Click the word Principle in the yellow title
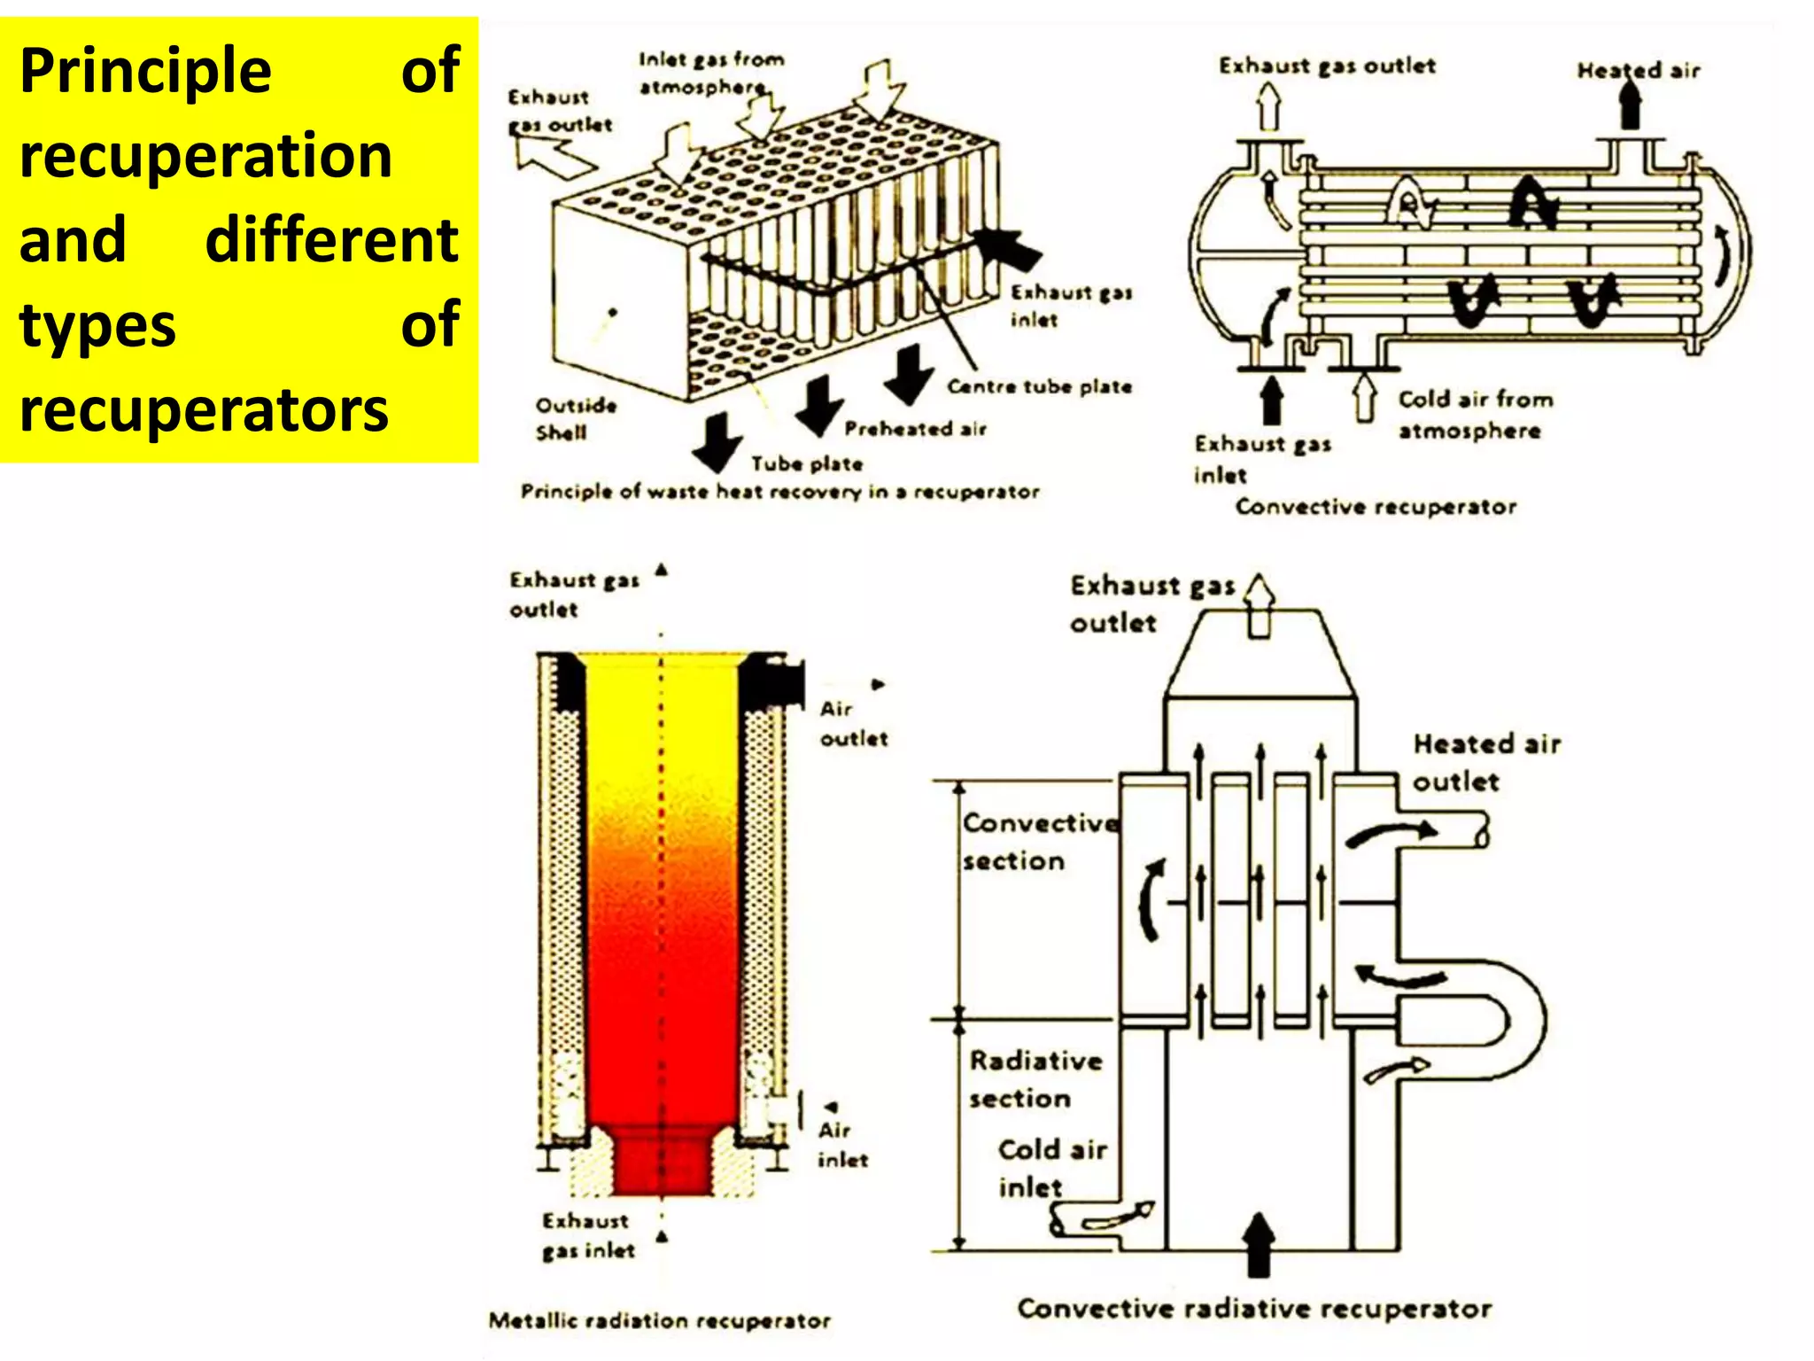145,71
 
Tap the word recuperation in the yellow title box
205,156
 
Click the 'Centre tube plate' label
1039,386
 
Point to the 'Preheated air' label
915,429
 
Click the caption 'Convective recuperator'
1376,507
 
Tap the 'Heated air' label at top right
1638,70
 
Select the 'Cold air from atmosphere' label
1474,414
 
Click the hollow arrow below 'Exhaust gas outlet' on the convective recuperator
1269,106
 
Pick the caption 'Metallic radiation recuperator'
659,1321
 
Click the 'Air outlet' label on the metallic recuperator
851,724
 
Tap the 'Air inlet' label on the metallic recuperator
841,1145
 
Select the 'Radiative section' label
1034,1078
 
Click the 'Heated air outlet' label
1485,762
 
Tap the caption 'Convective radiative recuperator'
1254,1309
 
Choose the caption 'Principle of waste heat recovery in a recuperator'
779,492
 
